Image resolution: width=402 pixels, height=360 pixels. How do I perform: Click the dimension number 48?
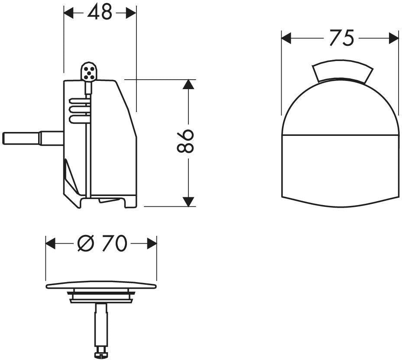(100, 12)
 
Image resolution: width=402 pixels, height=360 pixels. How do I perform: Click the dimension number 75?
(341, 38)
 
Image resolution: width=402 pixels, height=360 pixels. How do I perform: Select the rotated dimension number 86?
(185, 141)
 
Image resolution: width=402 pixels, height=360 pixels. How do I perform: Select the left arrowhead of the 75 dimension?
(287, 38)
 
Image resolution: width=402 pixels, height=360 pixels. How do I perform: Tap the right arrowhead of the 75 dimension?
(394, 38)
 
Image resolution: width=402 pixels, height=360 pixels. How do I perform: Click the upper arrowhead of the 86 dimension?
(188, 84)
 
